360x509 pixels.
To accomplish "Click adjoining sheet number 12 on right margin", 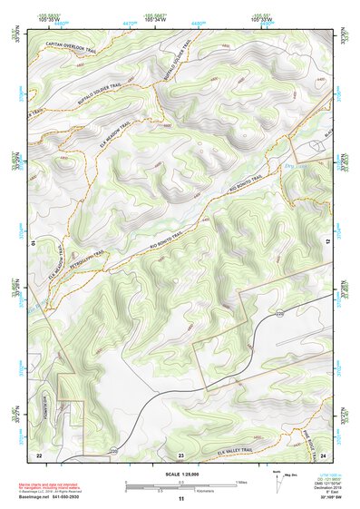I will [x=327, y=242].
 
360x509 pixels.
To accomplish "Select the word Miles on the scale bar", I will [x=239, y=481].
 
